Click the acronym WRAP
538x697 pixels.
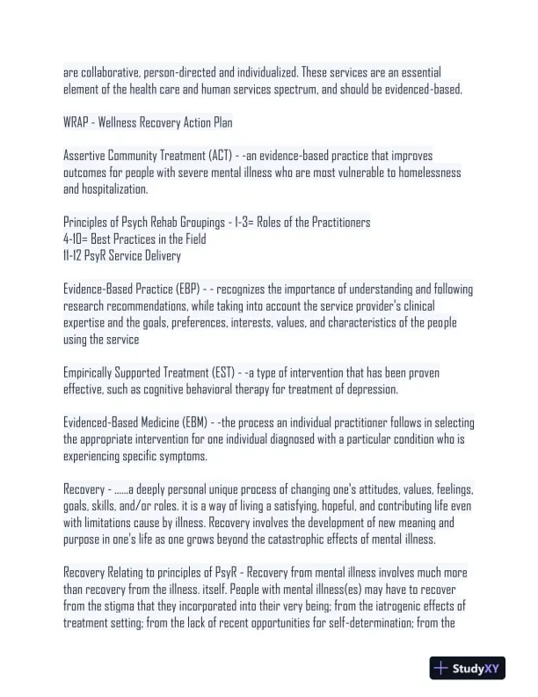[76, 121]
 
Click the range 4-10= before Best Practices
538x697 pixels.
[76, 239]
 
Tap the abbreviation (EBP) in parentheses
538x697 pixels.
[186, 290]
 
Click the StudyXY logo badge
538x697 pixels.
[469, 668]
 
